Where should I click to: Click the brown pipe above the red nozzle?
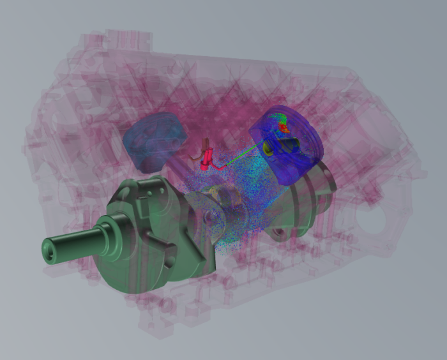(206, 146)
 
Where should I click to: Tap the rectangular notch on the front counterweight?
(167, 259)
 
